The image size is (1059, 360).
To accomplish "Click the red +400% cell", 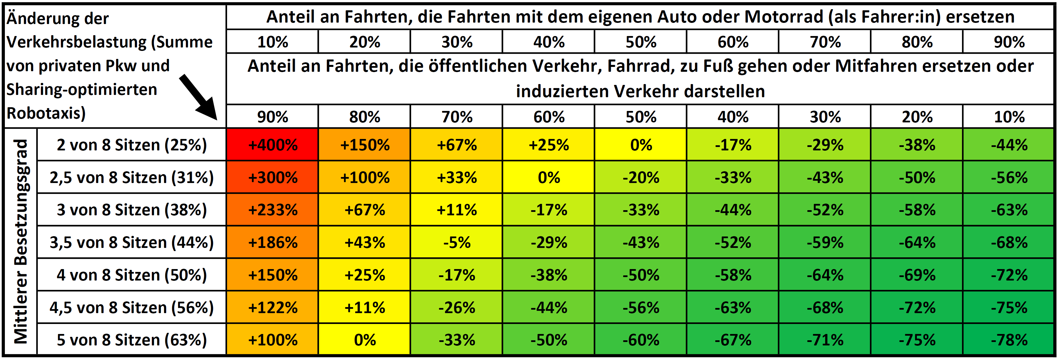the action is (273, 145).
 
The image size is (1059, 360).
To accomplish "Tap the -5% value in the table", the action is (457, 242).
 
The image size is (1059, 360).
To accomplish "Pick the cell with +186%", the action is (273, 242).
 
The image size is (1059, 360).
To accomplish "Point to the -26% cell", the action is (457, 307).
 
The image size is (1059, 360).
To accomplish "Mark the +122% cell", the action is (273, 307).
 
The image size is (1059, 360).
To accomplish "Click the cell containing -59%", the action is (825, 242).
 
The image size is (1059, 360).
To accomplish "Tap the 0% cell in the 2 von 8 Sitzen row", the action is (641, 145).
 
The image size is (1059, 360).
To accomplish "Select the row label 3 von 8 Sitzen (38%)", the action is (132, 210).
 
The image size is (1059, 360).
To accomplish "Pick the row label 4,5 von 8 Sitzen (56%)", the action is (132, 307).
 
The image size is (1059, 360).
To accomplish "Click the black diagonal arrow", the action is (198, 97).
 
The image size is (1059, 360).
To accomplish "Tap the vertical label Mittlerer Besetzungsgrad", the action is (21, 241).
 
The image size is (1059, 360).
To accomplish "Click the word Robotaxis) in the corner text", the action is (46, 113).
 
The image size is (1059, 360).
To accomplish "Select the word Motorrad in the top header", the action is (784, 17).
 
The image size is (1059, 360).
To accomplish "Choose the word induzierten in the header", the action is (562, 91).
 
